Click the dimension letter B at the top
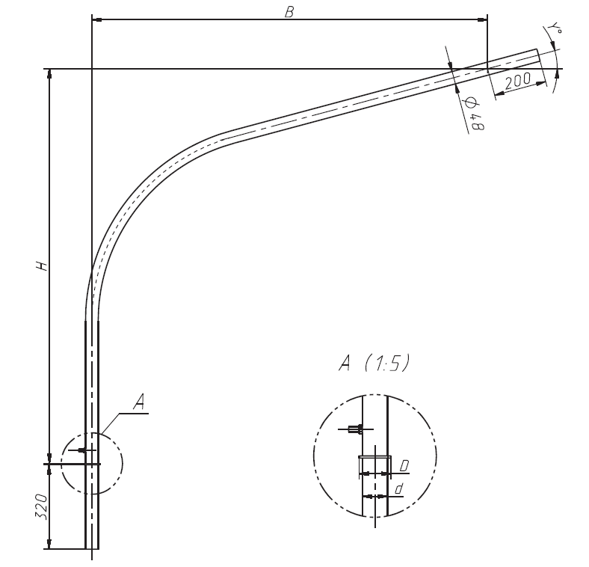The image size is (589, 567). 289,12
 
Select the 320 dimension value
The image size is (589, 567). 42,506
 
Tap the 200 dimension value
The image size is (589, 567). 518,81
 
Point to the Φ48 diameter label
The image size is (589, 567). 475,114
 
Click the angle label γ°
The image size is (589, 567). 555,28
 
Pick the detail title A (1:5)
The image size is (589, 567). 374,363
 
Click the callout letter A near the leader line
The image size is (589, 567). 139,402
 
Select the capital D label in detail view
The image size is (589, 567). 404,466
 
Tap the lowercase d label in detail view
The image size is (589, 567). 399,489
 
